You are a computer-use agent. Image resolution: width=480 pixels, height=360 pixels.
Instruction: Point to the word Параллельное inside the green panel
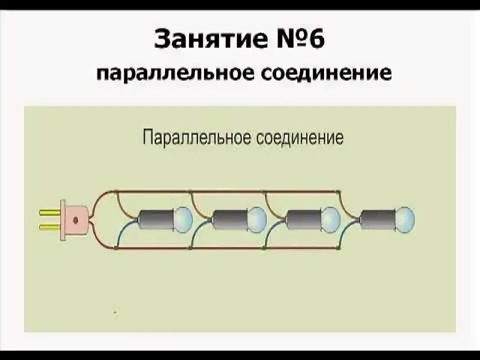(196, 137)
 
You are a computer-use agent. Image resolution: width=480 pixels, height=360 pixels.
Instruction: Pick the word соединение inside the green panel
(299, 137)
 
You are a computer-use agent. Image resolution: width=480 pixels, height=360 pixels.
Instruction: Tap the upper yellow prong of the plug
(50, 212)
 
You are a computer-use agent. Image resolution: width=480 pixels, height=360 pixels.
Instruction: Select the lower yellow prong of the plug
(50, 227)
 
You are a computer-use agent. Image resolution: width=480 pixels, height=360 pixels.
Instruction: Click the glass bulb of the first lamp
(182, 218)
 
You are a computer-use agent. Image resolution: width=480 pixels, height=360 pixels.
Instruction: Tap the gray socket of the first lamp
(155, 219)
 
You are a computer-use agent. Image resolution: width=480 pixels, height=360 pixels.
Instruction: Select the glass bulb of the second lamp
(257, 218)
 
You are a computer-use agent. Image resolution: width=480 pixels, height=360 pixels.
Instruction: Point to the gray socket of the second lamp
(229, 219)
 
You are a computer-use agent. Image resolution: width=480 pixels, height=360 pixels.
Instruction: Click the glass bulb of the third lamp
(330, 218)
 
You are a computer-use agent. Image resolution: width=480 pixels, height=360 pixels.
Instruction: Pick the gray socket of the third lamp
(303, 219)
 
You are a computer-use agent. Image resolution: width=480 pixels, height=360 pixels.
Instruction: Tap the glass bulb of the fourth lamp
(404, 218)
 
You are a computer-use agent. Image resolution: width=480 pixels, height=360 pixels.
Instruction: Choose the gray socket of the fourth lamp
(377, 219)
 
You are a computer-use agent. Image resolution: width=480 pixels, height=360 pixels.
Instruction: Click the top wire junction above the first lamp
(116, 190)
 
